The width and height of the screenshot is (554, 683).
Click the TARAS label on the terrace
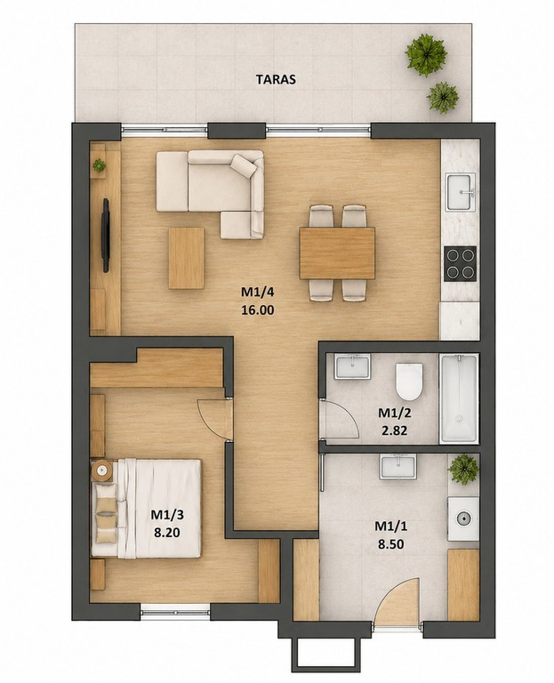tap(276, 79)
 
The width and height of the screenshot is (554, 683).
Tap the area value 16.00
tap(257, 310)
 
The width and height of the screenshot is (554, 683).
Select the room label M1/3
tap(167, 515)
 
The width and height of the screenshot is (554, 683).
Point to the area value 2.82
tap(393, 430)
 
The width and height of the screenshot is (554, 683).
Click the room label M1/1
tap(391, 526)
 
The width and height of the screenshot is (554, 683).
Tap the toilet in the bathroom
tap(409, 382)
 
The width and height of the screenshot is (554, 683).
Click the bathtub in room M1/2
tap(459, 398)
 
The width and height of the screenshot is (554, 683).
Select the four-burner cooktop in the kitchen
tap(460, 263)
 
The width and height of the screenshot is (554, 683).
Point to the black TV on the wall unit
tap(106, 235)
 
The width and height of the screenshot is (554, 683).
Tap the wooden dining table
tap(337, 253)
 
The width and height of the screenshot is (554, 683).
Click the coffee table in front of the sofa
tap(187, 258)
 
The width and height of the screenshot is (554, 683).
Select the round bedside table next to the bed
tap(102, 470)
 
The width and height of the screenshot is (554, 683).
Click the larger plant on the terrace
tap(426, 54)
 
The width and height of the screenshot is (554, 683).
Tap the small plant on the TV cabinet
tap(100, 165)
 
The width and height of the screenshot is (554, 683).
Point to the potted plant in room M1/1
tap(464, 470)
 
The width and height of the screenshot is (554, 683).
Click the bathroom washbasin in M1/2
tap(352, 366)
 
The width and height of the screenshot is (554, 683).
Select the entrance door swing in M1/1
tap(397, 600)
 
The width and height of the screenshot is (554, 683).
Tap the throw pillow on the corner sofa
tap(243, 165)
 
